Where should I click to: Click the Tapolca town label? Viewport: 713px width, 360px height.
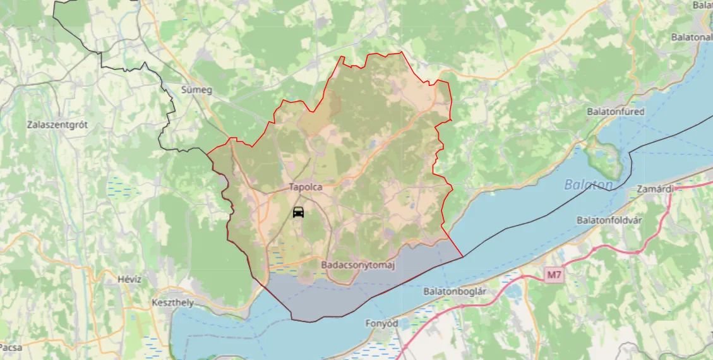tap(306, 187)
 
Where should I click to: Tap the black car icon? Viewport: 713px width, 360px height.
tap(299, 212)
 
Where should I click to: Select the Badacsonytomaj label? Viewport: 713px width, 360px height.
tap(357, 265)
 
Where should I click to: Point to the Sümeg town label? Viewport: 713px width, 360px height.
tap(196, 90)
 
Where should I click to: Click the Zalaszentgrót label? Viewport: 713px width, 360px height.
tap(57, 124)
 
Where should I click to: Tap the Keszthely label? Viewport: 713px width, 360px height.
tap(172, 303)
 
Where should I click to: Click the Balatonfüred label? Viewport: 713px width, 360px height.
tap(615, 111)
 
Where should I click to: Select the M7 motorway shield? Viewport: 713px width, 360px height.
tap(554, 275)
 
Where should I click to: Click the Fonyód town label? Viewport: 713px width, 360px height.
tap(381, 323)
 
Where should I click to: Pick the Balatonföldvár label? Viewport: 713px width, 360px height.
tap(613, 220)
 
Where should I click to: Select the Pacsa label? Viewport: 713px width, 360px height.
tap(11, 347)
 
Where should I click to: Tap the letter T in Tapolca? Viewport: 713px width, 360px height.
tap(292, 187)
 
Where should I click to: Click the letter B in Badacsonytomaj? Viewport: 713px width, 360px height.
tap(324, 265)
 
